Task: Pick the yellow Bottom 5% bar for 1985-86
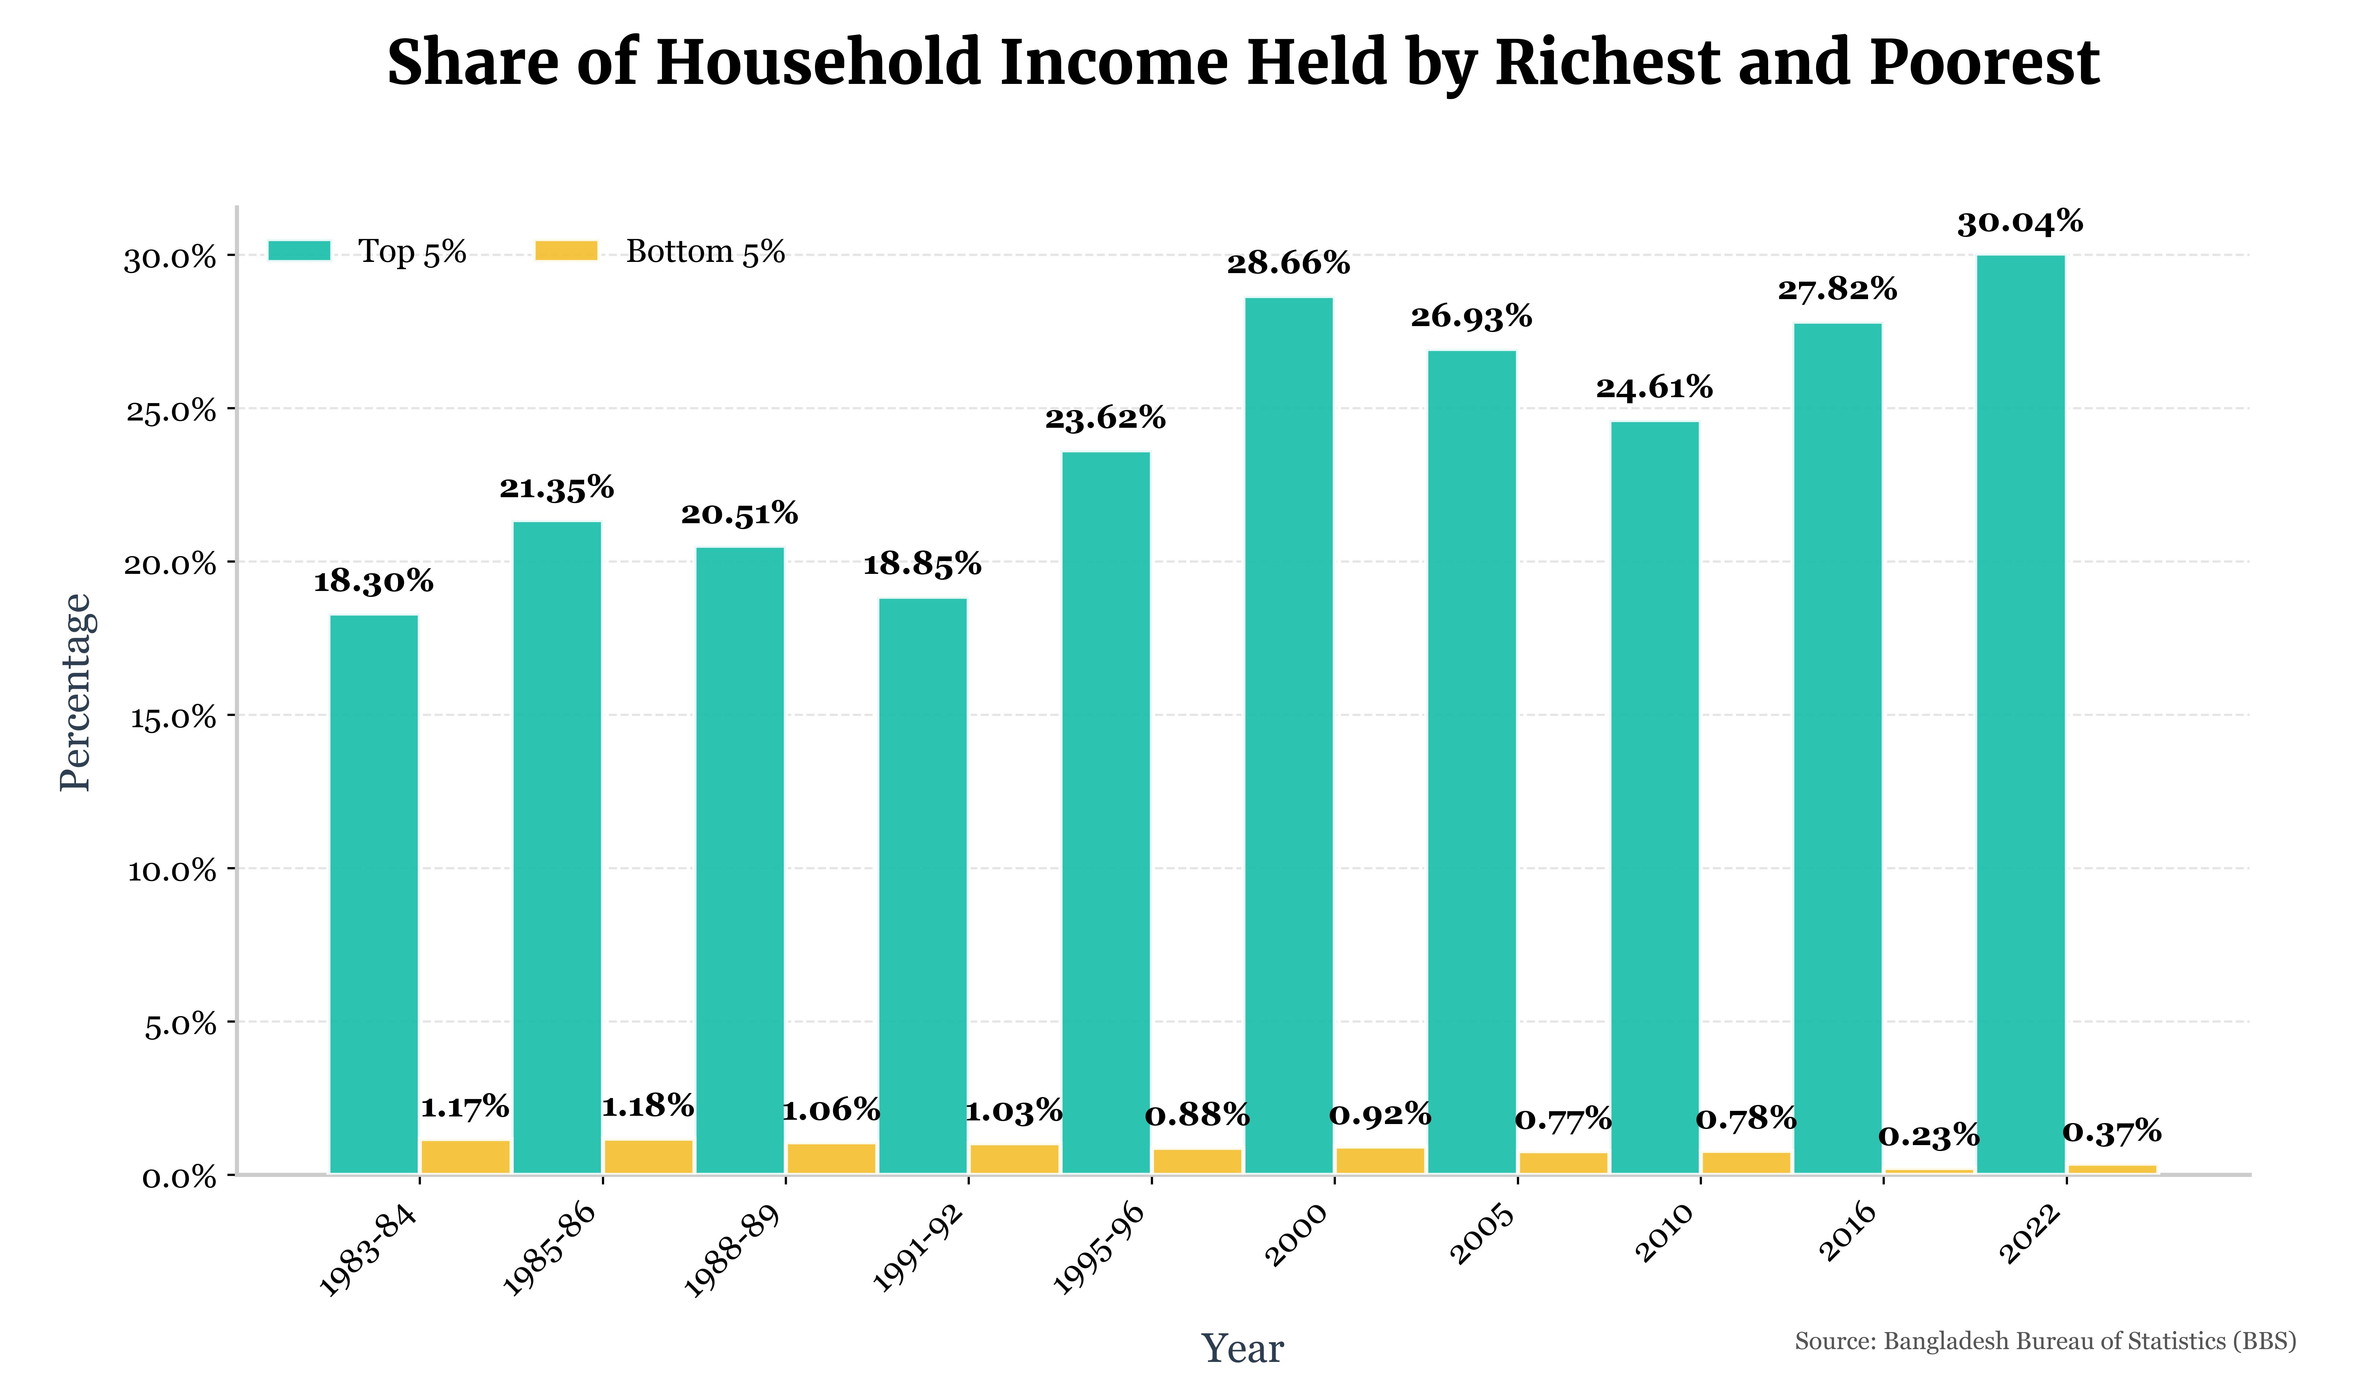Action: pyautogui.click(x=648, y=1156)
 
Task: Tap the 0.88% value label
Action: pyautogui.click(x=1197, y=1116)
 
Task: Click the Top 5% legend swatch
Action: pyautogui.click(x=299, y=251)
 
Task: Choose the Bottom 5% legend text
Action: pyautogui.click(x=705, y=252)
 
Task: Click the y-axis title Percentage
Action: pyautogui.click(x=75, y=693)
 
